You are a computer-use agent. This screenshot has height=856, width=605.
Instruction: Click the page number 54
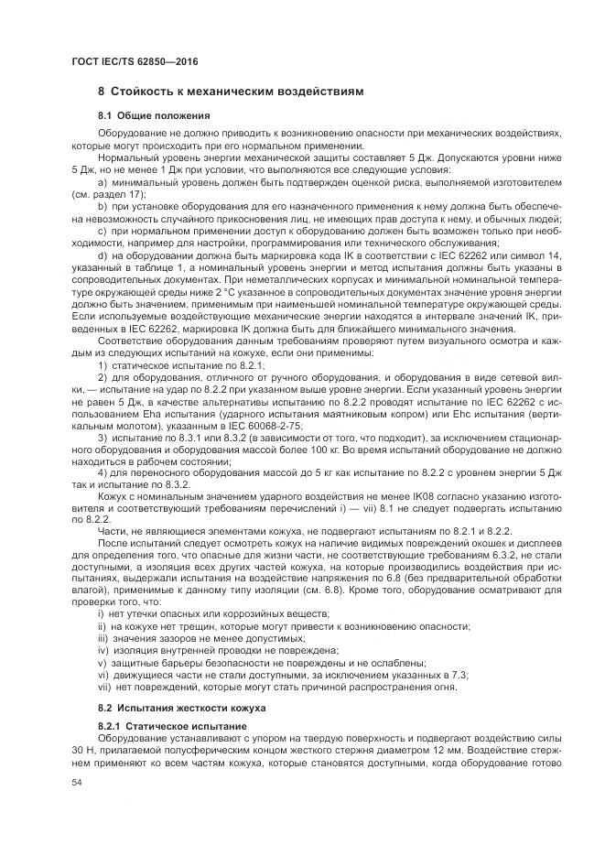[x=77, y=781]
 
